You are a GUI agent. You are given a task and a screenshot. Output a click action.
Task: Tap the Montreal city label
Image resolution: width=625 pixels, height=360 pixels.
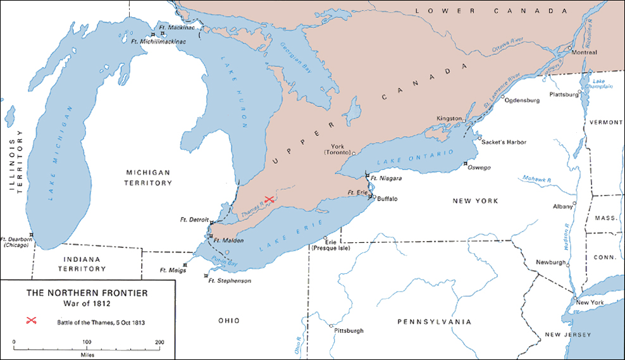coord(584,53)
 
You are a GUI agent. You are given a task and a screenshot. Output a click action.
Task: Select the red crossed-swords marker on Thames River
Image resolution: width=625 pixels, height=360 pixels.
coord(269,199)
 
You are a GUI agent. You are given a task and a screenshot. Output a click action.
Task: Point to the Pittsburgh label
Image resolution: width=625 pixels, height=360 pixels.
coord(349,330)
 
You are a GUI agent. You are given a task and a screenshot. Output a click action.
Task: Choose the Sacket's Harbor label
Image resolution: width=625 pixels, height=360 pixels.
coord(504,142)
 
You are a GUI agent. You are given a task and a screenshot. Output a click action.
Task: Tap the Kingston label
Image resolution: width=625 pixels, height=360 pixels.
coord(450,119)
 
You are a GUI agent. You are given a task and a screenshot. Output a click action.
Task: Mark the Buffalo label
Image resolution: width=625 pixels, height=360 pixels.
coord(387,199)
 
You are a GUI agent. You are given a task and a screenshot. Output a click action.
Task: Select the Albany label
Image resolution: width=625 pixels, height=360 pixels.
coord(562,206)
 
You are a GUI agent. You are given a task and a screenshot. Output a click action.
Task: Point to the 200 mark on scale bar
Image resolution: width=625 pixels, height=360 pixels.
coord(159,342)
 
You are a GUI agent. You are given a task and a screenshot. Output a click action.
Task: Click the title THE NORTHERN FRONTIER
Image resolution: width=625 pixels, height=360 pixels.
coord(87,293)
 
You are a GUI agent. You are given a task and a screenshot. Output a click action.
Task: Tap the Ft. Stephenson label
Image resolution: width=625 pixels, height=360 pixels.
coord(230,280)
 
